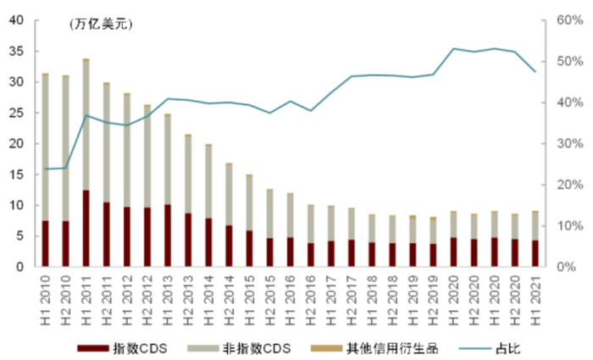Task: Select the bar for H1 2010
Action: pos(45,170)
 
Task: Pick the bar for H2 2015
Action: pos(269,228)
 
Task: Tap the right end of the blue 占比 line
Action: pos(535,71)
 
